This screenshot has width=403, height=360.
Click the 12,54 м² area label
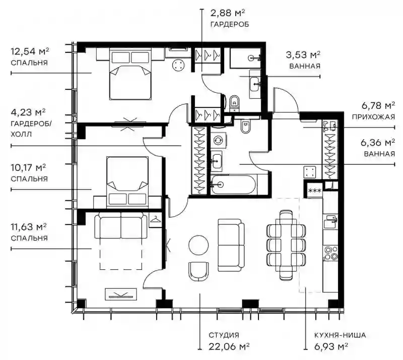click(30, 51)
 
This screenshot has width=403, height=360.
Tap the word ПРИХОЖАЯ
click(373, 117)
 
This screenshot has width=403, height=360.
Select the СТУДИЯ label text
click(224, 335)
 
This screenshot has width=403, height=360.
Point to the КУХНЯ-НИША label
click(340, 335)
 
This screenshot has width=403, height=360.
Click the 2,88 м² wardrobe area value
click(228, 13)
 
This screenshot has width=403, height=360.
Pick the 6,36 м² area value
click(378, 143)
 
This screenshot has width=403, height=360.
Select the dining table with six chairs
click(286, 245)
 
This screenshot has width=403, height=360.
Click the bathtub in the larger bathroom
click(233, 184)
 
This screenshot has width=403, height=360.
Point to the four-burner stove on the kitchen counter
click(331, 253)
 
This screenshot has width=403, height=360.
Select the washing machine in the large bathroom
click(219, 141)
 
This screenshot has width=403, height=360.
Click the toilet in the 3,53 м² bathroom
click(234, 103)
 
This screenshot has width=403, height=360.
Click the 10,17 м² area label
click(28, 168)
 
